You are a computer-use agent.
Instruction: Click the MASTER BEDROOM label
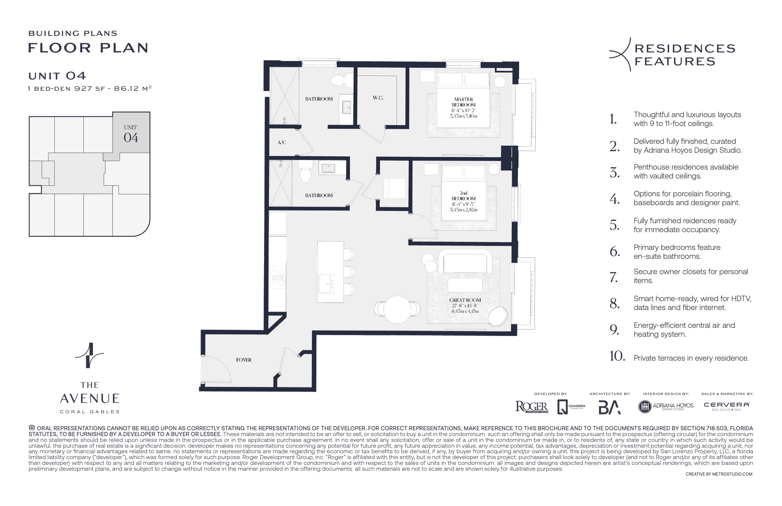tap(463, 102)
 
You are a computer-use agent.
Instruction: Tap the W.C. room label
tap(378, 98)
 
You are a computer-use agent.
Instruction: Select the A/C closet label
tap(282, 142)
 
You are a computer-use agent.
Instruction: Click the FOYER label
tap(243, 360)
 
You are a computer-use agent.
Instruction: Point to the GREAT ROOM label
tap(465, 300)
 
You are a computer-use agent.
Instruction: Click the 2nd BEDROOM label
tap(463, 196)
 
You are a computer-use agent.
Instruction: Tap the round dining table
tap(397, 309)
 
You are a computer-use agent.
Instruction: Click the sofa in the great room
tap(465, 262)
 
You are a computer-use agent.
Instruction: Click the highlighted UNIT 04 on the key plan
tap(131, 134)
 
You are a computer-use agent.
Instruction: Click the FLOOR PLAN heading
tap(88, 48)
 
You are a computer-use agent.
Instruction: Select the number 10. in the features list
tap(617, 356)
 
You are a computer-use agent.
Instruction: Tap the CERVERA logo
tap(726, 406)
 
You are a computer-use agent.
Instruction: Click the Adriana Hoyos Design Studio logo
tap(665, 406)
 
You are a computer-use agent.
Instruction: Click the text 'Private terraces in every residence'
tap(691, 358)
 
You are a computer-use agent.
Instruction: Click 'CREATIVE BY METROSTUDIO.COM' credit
tap(719, 474)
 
